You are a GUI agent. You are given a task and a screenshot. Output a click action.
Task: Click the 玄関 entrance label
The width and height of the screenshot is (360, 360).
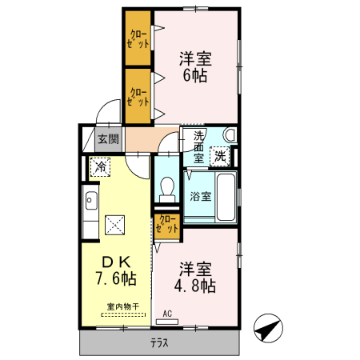click(x=108, y=139)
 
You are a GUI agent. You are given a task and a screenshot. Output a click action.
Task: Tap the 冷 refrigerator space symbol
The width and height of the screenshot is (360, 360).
click(x=100, y=167)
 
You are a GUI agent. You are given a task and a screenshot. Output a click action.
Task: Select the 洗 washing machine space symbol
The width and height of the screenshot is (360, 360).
click(x=220, y=156)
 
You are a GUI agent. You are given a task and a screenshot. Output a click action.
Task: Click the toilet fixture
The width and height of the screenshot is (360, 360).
click(x=167, y=190)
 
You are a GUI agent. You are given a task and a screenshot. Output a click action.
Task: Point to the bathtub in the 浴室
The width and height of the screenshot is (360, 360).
click(x=226, y=197)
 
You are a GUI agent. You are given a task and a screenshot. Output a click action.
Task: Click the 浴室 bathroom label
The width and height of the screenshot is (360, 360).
click(x=201, y=197)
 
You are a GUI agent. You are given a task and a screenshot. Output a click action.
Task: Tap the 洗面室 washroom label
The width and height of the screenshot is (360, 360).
click(x=198, y=147)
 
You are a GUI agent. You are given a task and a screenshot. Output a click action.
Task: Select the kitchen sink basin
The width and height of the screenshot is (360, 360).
click(x=91, y=201)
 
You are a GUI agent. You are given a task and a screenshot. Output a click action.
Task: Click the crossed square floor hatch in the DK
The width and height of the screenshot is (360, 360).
click(x=114, y=225)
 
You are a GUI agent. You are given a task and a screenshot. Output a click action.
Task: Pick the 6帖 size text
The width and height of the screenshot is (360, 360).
click(x=195, y=75)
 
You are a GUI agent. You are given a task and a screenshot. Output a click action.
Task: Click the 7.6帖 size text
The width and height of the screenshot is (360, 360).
click(x=116, y=279)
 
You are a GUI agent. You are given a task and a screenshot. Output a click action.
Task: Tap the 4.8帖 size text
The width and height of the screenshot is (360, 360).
click(x=195, y=286)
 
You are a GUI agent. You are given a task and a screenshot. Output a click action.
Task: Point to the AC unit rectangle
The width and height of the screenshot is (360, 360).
click(x=167, y=322)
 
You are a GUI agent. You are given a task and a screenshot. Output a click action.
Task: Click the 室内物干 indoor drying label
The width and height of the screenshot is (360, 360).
click(x=123, y=306)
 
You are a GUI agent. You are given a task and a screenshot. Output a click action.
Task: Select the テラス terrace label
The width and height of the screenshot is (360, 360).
click(x=159, y=342)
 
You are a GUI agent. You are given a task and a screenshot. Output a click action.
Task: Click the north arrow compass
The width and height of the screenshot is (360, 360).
click(x=268, y=328)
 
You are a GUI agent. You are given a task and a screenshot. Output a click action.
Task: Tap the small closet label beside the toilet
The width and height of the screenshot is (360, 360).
click(x=167, y=224)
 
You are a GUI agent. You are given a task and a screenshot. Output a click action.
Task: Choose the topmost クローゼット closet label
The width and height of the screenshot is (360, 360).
click(x=138, y=39)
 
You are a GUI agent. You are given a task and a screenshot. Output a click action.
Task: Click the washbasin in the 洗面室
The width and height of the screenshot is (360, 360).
click(x=230, y=135)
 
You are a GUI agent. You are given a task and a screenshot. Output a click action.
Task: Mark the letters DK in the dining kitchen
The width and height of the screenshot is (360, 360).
click(x=117, y=262)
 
